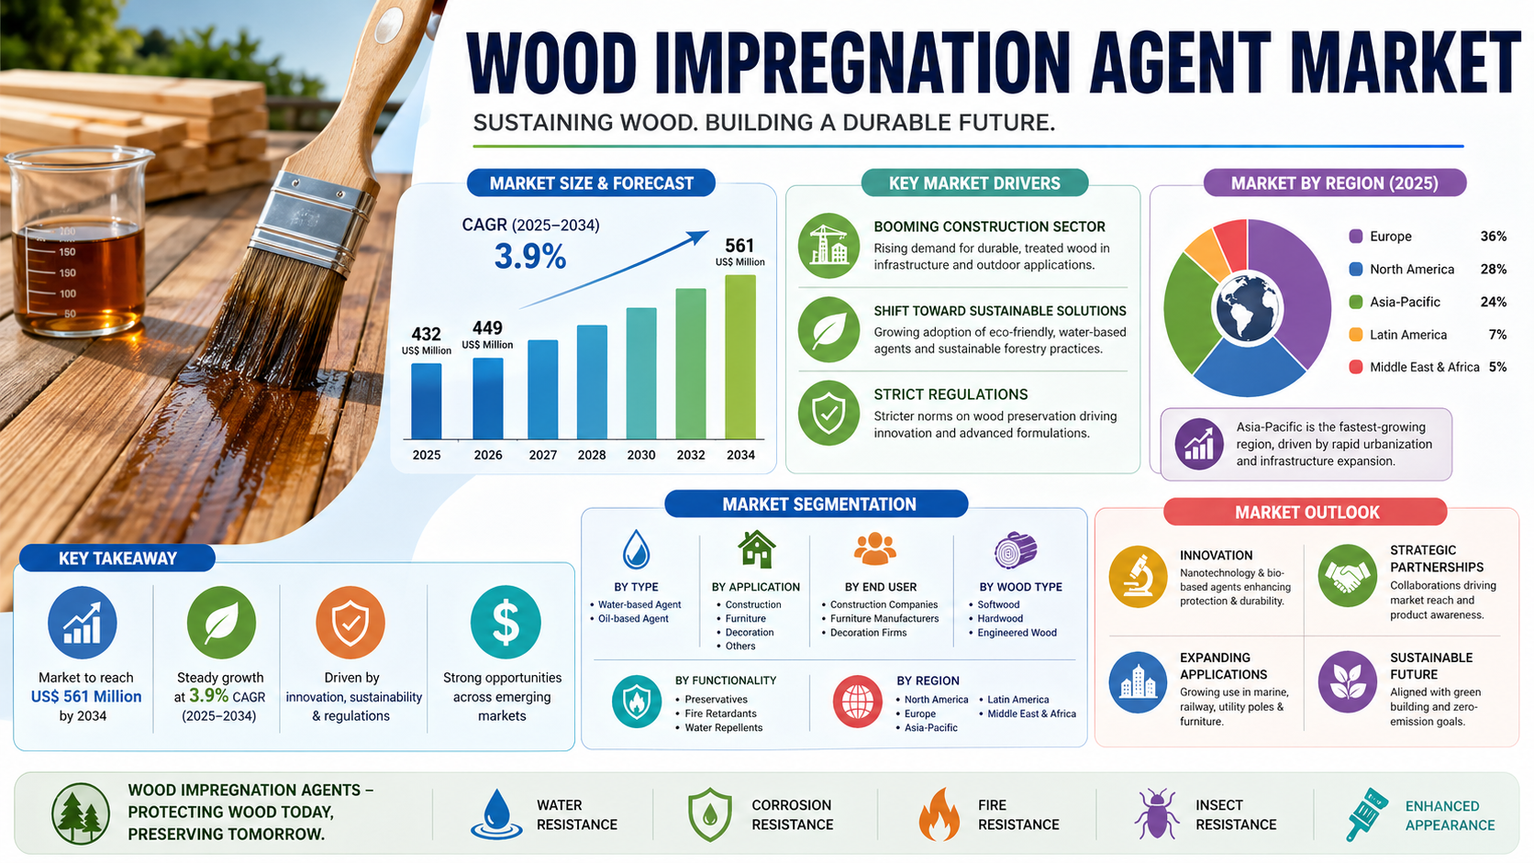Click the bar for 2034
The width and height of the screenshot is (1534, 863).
point(740,357)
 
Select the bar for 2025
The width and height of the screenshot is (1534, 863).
point(426,401)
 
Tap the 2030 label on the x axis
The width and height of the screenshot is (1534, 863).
point(641,455)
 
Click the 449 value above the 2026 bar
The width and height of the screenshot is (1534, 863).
point(487,327)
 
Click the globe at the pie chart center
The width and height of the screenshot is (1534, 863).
point(1247,307)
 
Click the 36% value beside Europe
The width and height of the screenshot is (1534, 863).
point(1493,237)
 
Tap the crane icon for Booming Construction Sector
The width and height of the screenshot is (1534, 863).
point(828,246)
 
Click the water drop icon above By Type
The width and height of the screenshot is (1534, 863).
point(636,549)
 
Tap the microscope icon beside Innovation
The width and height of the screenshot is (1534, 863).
point(1138,576)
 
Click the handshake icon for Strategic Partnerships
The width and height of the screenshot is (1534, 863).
point(1347,576)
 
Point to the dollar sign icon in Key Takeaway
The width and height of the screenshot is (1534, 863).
point(506,622)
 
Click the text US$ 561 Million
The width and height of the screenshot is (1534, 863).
point(86,697)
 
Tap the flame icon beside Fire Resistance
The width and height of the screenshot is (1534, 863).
point(939,813)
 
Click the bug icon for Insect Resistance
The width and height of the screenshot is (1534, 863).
point(1156,813)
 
